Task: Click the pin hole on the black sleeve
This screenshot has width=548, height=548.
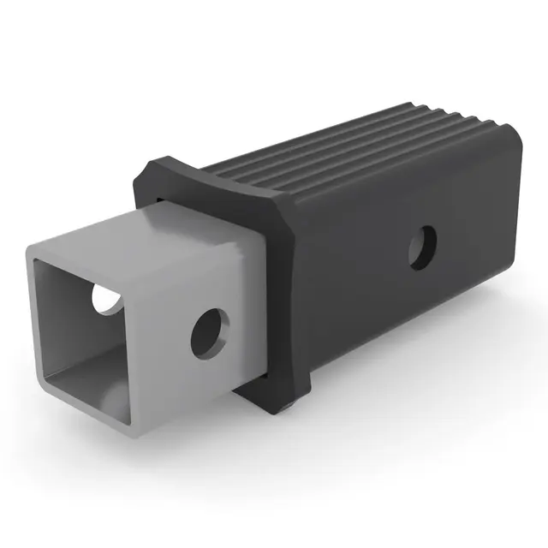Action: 422,248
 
